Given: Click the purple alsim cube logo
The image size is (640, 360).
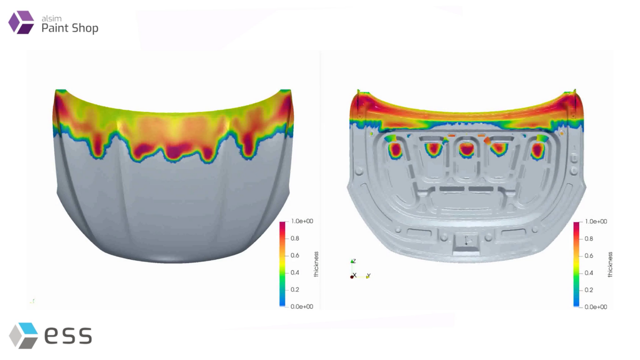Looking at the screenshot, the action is (x=21, y=22).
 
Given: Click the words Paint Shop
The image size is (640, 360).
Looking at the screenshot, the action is (x=70, y=28).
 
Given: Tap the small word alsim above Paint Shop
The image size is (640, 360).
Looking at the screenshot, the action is (x=51, y=19).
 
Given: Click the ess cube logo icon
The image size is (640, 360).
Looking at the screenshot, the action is (x=23, y=335).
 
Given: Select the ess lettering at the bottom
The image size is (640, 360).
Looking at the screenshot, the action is (x=68, y=335).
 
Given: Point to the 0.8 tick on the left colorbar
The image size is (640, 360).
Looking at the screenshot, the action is (x=295, y=238).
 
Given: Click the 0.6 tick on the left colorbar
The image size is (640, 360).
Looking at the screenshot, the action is (x=295, y=255).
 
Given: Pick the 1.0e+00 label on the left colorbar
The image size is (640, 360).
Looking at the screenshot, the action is (x=302, y=221).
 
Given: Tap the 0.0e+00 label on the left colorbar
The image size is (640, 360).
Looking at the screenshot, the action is (x=302, y=307).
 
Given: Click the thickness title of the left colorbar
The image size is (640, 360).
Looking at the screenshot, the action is (x=316, y=264).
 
